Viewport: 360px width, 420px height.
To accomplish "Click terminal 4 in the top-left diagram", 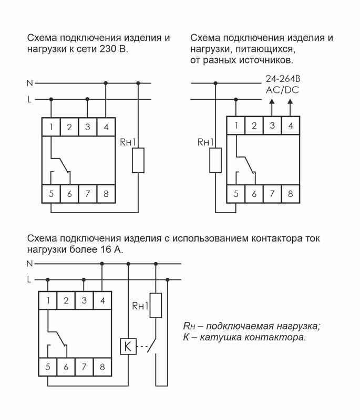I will (106, 127).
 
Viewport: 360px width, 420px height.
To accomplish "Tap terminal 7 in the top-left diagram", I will (88, 194).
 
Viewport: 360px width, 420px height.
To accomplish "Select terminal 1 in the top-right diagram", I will (236, 125).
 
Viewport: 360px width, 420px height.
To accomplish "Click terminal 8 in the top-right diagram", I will (290, 194).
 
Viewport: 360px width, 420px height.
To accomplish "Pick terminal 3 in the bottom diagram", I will (84, 301).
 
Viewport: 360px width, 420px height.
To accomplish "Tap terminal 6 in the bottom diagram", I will (66, 367).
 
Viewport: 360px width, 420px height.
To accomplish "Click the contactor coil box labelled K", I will (128, 347).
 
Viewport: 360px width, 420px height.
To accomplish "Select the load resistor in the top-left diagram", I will (138, 160).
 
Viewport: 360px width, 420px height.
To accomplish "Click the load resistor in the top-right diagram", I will (216, 160).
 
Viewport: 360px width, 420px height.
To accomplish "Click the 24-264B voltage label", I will (283, 79).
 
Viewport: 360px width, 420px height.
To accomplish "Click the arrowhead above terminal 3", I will (272, 105).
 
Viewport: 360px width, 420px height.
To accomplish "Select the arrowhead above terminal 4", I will (290, 105).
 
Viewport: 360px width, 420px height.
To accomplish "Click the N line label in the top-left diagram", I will (29, 83).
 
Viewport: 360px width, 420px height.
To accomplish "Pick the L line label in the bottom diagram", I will (29, 280).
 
